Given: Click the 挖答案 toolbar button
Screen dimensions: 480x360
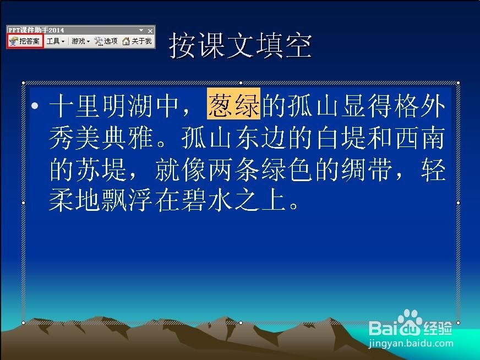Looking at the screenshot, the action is coord(25,41).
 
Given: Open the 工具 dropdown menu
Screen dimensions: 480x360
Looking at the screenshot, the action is coord(56,41).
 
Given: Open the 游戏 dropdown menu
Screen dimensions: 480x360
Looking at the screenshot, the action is coord(80,41).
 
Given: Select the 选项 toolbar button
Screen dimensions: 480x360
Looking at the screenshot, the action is coord(106,41).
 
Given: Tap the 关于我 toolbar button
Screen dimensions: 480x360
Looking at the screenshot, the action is coord(137,41).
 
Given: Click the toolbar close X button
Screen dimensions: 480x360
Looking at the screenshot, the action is coord(150,31).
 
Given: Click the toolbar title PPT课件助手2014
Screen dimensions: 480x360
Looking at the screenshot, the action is coord(36,30).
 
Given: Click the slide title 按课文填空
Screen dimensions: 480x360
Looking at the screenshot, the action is coord(241,46).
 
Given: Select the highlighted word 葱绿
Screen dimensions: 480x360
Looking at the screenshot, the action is coord(234,103).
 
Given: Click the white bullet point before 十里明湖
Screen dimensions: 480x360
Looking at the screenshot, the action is coord(35,106).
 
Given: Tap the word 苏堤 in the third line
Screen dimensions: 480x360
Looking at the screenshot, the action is coord(88,169).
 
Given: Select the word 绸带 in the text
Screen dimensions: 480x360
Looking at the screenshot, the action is coord(367,169).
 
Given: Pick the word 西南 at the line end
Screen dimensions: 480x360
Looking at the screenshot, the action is coord(420,138).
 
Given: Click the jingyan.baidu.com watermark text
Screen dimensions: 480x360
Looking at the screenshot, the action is coord(411,344).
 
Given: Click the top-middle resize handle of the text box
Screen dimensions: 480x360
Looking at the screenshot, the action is coord(241,83).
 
